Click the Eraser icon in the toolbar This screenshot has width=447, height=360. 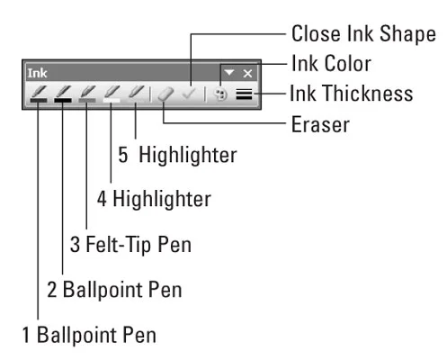tap(165, 94)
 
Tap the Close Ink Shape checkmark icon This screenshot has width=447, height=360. tap(189, 94)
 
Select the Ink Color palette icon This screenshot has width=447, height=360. tap(221, 94)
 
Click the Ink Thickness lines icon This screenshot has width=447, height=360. tap(244, 94)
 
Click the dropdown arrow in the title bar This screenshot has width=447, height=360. tap(229, 73)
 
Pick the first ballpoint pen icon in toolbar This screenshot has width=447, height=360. tap(39, 94)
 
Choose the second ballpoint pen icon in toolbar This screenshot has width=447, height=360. tap(63, 94)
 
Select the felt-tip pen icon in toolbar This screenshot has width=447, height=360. tap(87, 94)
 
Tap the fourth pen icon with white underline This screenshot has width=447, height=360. tap(112, 94)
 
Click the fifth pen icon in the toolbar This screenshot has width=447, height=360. tap(136, 94)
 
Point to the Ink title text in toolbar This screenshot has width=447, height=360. tap(37, 73)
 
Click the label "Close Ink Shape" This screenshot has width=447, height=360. tap(363, 33)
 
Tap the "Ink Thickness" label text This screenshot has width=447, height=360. tap(352, 94)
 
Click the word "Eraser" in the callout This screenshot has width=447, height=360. tap(320, 124)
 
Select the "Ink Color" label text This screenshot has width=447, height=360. tap(332, 63)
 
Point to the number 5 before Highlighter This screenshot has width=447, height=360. tap(123, 155)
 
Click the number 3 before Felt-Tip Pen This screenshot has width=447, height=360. tap(75, 245)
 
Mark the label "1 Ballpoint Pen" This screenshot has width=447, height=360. tap(89, 335)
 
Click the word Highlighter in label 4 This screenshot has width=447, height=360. tap(162, 199)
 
